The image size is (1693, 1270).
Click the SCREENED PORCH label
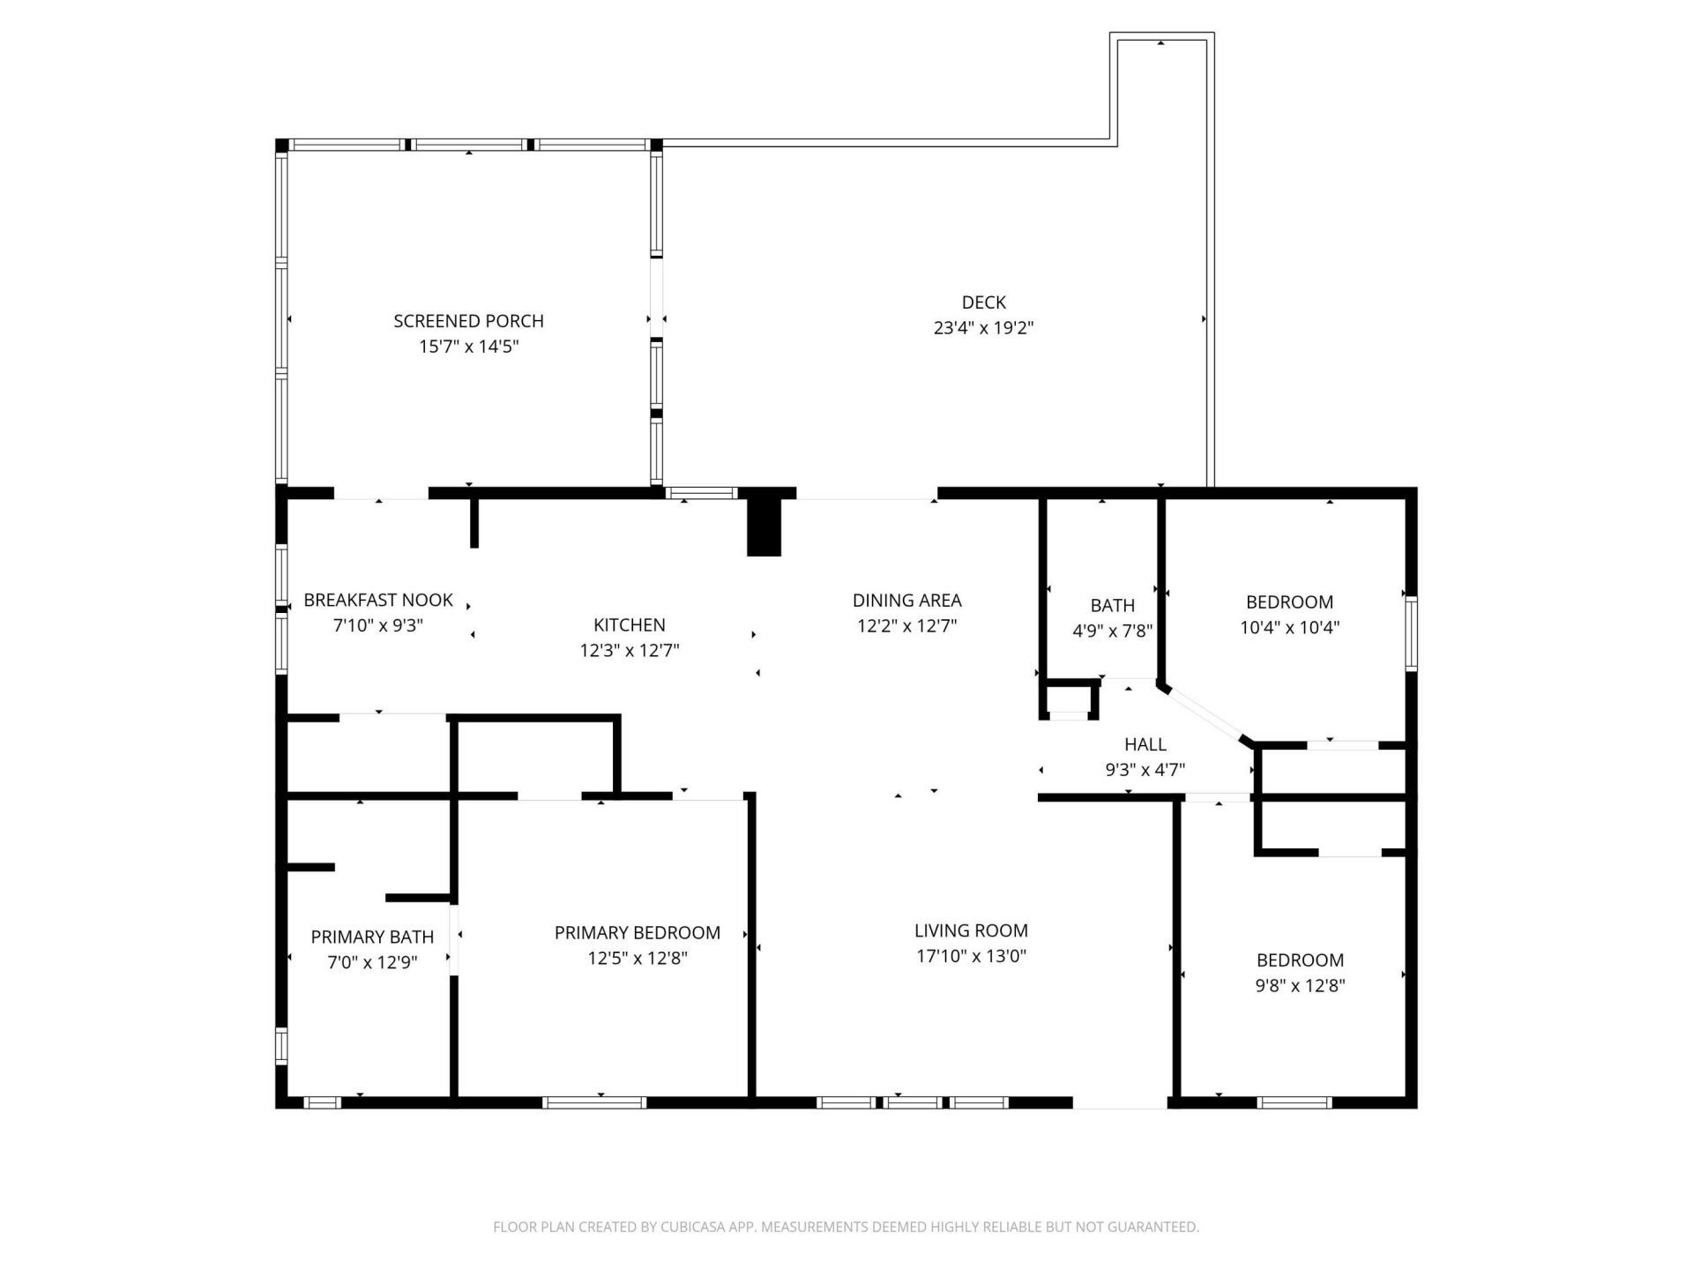tap(468, 321)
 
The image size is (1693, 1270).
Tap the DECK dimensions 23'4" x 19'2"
tap(983, 328)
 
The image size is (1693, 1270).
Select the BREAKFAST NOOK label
tap(377, 600)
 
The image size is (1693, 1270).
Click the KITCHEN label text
tap(629, 624)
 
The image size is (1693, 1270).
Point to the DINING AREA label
tap(906, 600)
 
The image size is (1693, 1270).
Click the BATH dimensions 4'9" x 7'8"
tap(1112, 631)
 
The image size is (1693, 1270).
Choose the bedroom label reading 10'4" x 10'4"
tap(1289, 627)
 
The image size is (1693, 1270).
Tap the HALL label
tap(1145, 744)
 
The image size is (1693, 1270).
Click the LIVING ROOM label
tap(971, 930)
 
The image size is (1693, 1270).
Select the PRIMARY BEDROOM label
tap(637, 932)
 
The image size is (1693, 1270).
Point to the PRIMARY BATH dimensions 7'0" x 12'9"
tap(372, 962)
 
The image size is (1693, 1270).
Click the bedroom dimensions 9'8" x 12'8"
tap(1300, 985)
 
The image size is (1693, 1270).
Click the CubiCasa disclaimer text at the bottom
tap(846, 1227)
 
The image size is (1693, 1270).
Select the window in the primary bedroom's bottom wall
tap(593, 1102)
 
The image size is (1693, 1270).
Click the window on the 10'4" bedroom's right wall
tap(1411, 633)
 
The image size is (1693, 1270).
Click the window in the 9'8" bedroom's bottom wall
tap(1294, 1102)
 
